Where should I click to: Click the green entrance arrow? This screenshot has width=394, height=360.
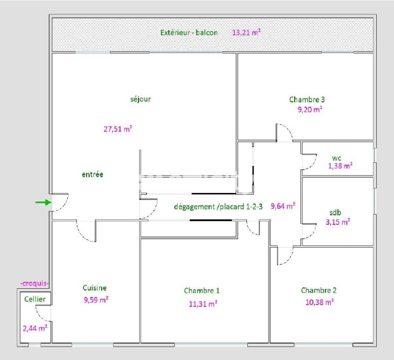click(x=43, y=202)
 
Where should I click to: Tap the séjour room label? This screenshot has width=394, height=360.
click(x=140, y=99)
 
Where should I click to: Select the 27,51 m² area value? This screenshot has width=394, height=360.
click(x=118, y=129)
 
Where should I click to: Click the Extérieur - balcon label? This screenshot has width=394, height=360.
click(x=189, y=33)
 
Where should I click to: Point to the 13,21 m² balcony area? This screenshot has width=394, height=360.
click(x=246, y=32)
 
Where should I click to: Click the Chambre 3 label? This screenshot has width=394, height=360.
click(x=307, y=100)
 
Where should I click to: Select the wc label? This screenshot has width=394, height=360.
click(x=336, y=158)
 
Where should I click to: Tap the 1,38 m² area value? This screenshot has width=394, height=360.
click(x=340, y=166)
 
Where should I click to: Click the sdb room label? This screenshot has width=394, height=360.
click(x=335, y=212)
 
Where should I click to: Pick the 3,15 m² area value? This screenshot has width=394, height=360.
click(x=338, y=222)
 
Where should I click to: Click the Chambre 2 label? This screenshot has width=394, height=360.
click(x=319, y=290)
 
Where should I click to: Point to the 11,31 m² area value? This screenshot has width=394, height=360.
click(x=203, y=304)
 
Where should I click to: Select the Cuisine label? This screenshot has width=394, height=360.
click(x=95, y=287)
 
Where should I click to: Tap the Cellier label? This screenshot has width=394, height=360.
click(x=35, y=299)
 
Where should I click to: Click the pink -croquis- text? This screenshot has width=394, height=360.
click(x=34, y=284)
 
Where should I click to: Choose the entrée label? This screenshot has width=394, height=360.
click(x=92, y=174)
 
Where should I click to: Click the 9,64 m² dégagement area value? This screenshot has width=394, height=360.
click(x=283, y=206)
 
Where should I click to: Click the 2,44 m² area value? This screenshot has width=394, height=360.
click(x=35, y=328)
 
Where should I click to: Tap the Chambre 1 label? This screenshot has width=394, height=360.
click(x=202, y=290)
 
